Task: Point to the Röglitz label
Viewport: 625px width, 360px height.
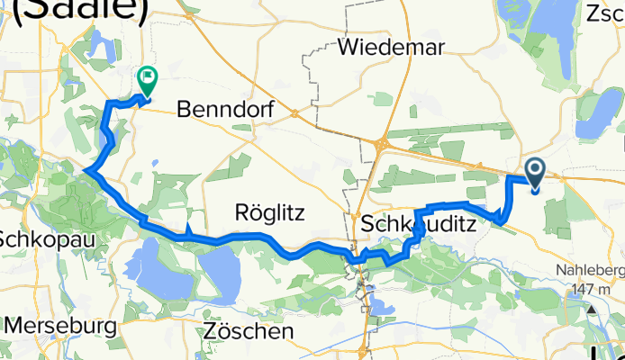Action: coord(269,213)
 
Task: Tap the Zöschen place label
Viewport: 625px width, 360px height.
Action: coord(249,331)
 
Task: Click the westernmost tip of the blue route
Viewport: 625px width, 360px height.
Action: coord(85,169)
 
